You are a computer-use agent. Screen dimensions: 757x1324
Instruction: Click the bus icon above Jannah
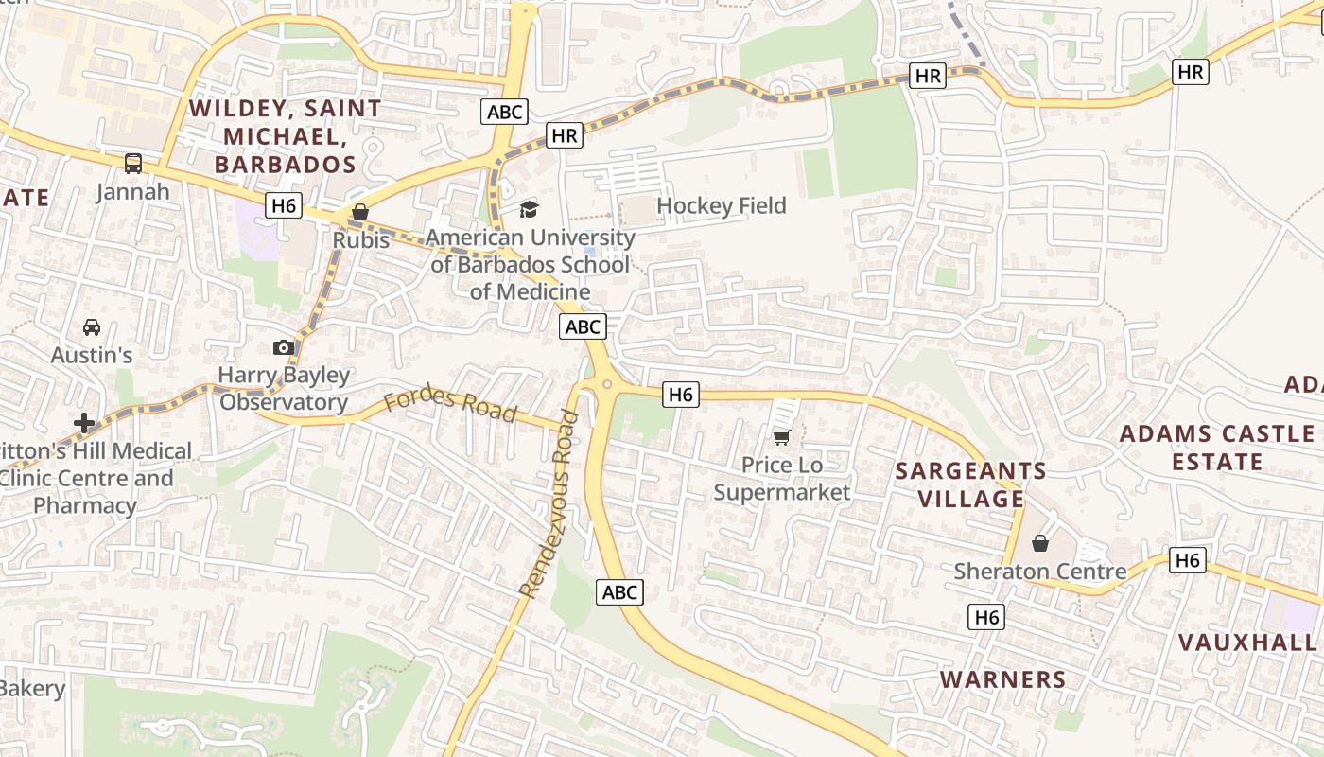133,163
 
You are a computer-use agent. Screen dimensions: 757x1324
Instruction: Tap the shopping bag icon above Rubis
359,212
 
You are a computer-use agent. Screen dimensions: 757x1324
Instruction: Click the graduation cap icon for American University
529,208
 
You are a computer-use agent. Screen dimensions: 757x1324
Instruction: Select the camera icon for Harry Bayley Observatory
283,347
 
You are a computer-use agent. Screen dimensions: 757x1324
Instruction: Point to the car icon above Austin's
92,327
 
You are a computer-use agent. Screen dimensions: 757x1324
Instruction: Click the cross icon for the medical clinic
85,422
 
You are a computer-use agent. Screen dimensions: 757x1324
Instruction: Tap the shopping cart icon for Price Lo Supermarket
781,437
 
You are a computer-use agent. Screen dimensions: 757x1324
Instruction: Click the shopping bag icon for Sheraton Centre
1039,543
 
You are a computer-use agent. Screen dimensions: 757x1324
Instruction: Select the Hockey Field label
721,205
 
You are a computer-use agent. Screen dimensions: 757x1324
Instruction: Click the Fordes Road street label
451,405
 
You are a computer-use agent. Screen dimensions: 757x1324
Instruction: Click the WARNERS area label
1002,679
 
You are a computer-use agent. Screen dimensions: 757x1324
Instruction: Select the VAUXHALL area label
1246,643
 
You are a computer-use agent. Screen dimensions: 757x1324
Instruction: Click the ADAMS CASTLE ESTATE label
1217,448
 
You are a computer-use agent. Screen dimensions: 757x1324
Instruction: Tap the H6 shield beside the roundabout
681,395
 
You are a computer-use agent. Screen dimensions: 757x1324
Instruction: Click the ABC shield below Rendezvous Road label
620,592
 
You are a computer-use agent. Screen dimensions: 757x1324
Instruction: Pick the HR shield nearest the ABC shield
564,136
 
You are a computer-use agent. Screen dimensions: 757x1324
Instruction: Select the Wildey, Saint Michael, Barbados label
285,136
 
